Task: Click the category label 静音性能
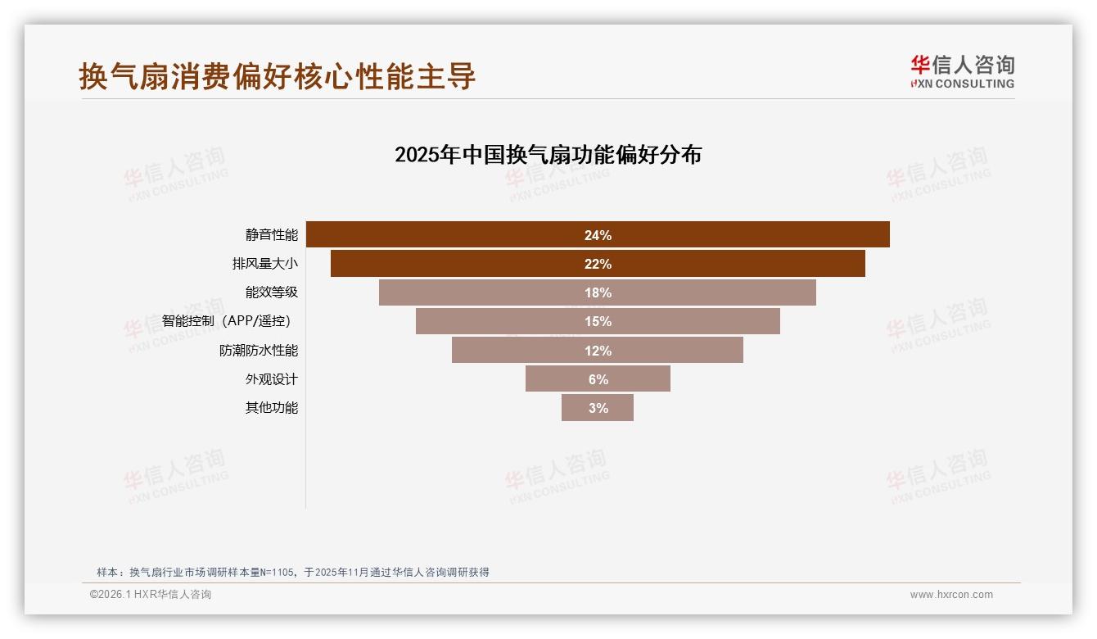point(272,235)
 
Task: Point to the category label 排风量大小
point(265,264)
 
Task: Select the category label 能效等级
point(272,292)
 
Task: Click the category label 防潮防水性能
point(259,351)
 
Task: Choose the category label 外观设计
point(272,379)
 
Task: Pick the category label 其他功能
point(272,408)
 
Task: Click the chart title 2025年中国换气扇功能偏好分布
point(548,155)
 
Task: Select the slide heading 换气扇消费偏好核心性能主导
point(278,76)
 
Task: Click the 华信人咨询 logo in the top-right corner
point(962,71)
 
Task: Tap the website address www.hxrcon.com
point(951,595)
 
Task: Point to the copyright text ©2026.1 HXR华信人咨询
point(151,595)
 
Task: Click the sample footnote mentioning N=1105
point(293,572)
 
